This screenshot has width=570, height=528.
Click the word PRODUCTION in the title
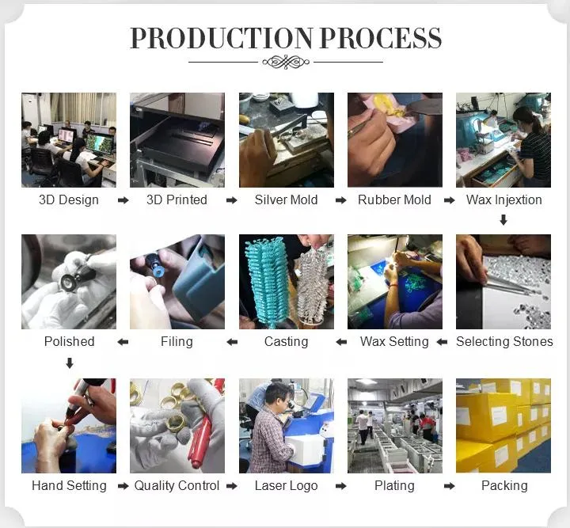(x=221, y=38)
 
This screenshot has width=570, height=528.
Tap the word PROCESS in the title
(x=381, y=38)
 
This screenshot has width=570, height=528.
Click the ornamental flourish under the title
(x=286, y=62)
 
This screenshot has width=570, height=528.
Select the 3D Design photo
(x=69, y=140)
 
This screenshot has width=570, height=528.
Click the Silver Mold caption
(x=286, y=199)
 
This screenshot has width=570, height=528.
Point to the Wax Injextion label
(x=503, y=199)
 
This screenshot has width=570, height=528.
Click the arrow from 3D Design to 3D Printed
(x=123, y=200)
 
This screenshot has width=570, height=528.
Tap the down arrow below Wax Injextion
(x=503, y=219)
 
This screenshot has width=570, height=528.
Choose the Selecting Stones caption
(x=504, y=342)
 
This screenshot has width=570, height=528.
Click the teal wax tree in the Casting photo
(x=268, y=279)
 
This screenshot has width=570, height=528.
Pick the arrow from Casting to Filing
(x=232, y=342)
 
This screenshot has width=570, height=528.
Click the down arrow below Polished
(x=70, y=363)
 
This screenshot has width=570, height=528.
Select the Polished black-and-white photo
(x=69, y=282)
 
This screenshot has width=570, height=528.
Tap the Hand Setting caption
(x=69, y=486)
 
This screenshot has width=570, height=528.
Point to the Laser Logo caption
(x=286, y=486)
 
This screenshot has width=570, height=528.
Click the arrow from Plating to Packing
(x=450, y=486)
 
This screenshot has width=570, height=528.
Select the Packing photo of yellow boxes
(x=503, y=426)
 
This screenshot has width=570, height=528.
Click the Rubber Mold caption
(x=394, y=199)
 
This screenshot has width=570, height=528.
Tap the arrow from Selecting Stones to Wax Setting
(x=442, y=342)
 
